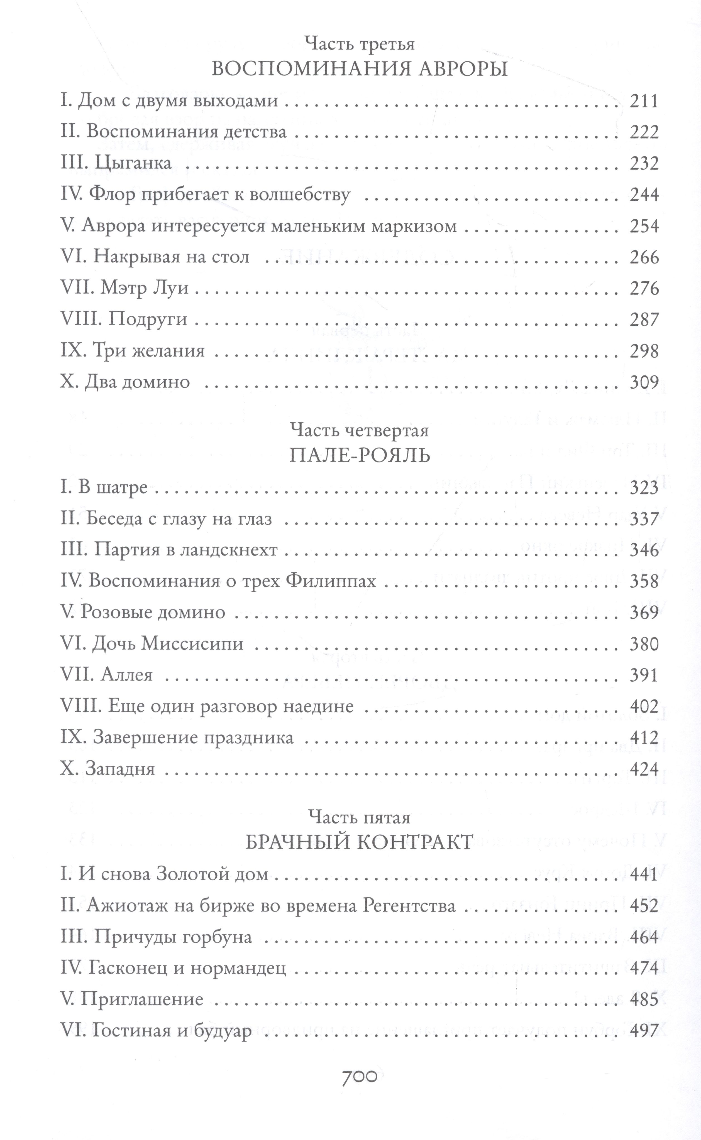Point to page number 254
coord(644,227)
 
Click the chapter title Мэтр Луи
coord(144,289)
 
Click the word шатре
coord(123,488)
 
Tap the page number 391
coord(644,676)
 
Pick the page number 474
coord(644,969)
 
